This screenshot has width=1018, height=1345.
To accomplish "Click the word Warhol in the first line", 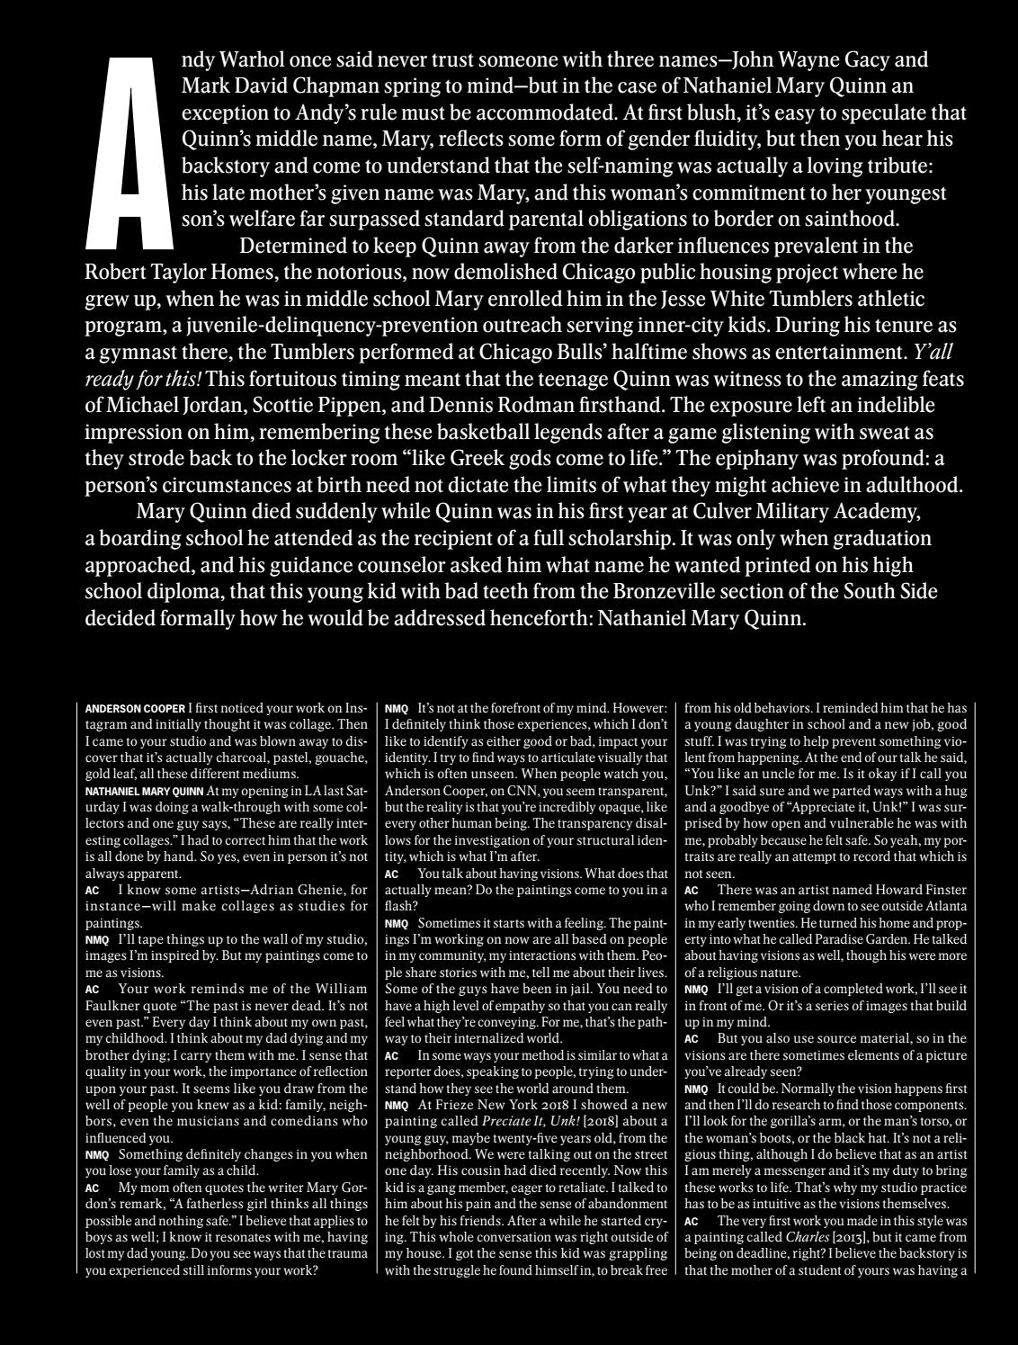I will pos(262,60).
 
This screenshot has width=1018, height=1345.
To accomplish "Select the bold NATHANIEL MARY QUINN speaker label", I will pos(144,792).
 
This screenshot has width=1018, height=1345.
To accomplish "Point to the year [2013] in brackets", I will pos(852,1237).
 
